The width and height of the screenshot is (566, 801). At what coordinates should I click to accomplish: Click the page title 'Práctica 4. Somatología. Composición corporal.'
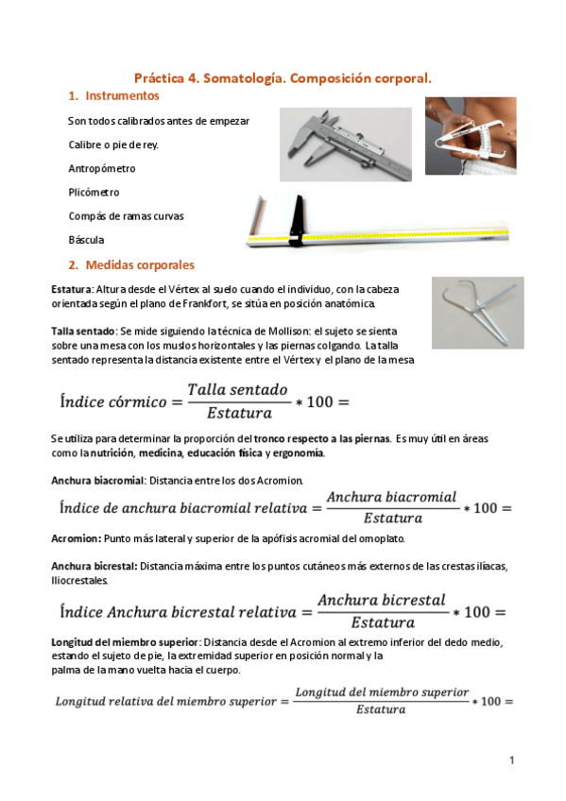pyautogui.click(x=283, y=80)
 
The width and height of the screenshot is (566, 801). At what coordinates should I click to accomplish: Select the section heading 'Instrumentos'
pyautogui.click(x=121, y=97)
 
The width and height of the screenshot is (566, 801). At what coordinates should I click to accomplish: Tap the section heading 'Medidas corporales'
pyautogui.click(x=139, y=264)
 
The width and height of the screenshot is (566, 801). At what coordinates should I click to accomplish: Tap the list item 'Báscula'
pyautogui.click(x=86, y=240)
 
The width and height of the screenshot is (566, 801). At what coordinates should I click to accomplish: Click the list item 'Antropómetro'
pyautogui.click(x=101, y=168)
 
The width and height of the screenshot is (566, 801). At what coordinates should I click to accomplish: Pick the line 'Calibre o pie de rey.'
pyautogui.click(x=113, y=145)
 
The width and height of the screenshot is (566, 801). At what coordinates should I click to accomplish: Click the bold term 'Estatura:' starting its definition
pyautogui.click(x=72, y=289)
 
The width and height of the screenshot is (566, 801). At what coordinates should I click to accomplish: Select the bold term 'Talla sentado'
pyautogui.click(x=82, y=332)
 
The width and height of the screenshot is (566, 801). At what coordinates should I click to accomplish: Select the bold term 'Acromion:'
pyautogui.click(x=75, y=537)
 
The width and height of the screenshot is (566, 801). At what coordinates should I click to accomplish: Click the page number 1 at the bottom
pyautogui.click(x=510, y=759)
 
